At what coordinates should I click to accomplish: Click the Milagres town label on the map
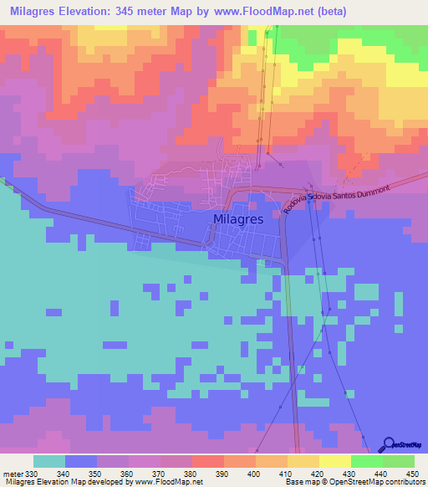click(238, 218)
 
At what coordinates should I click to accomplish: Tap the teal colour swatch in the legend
click(48, 461)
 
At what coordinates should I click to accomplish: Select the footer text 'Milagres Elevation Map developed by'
click(62, 483)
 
